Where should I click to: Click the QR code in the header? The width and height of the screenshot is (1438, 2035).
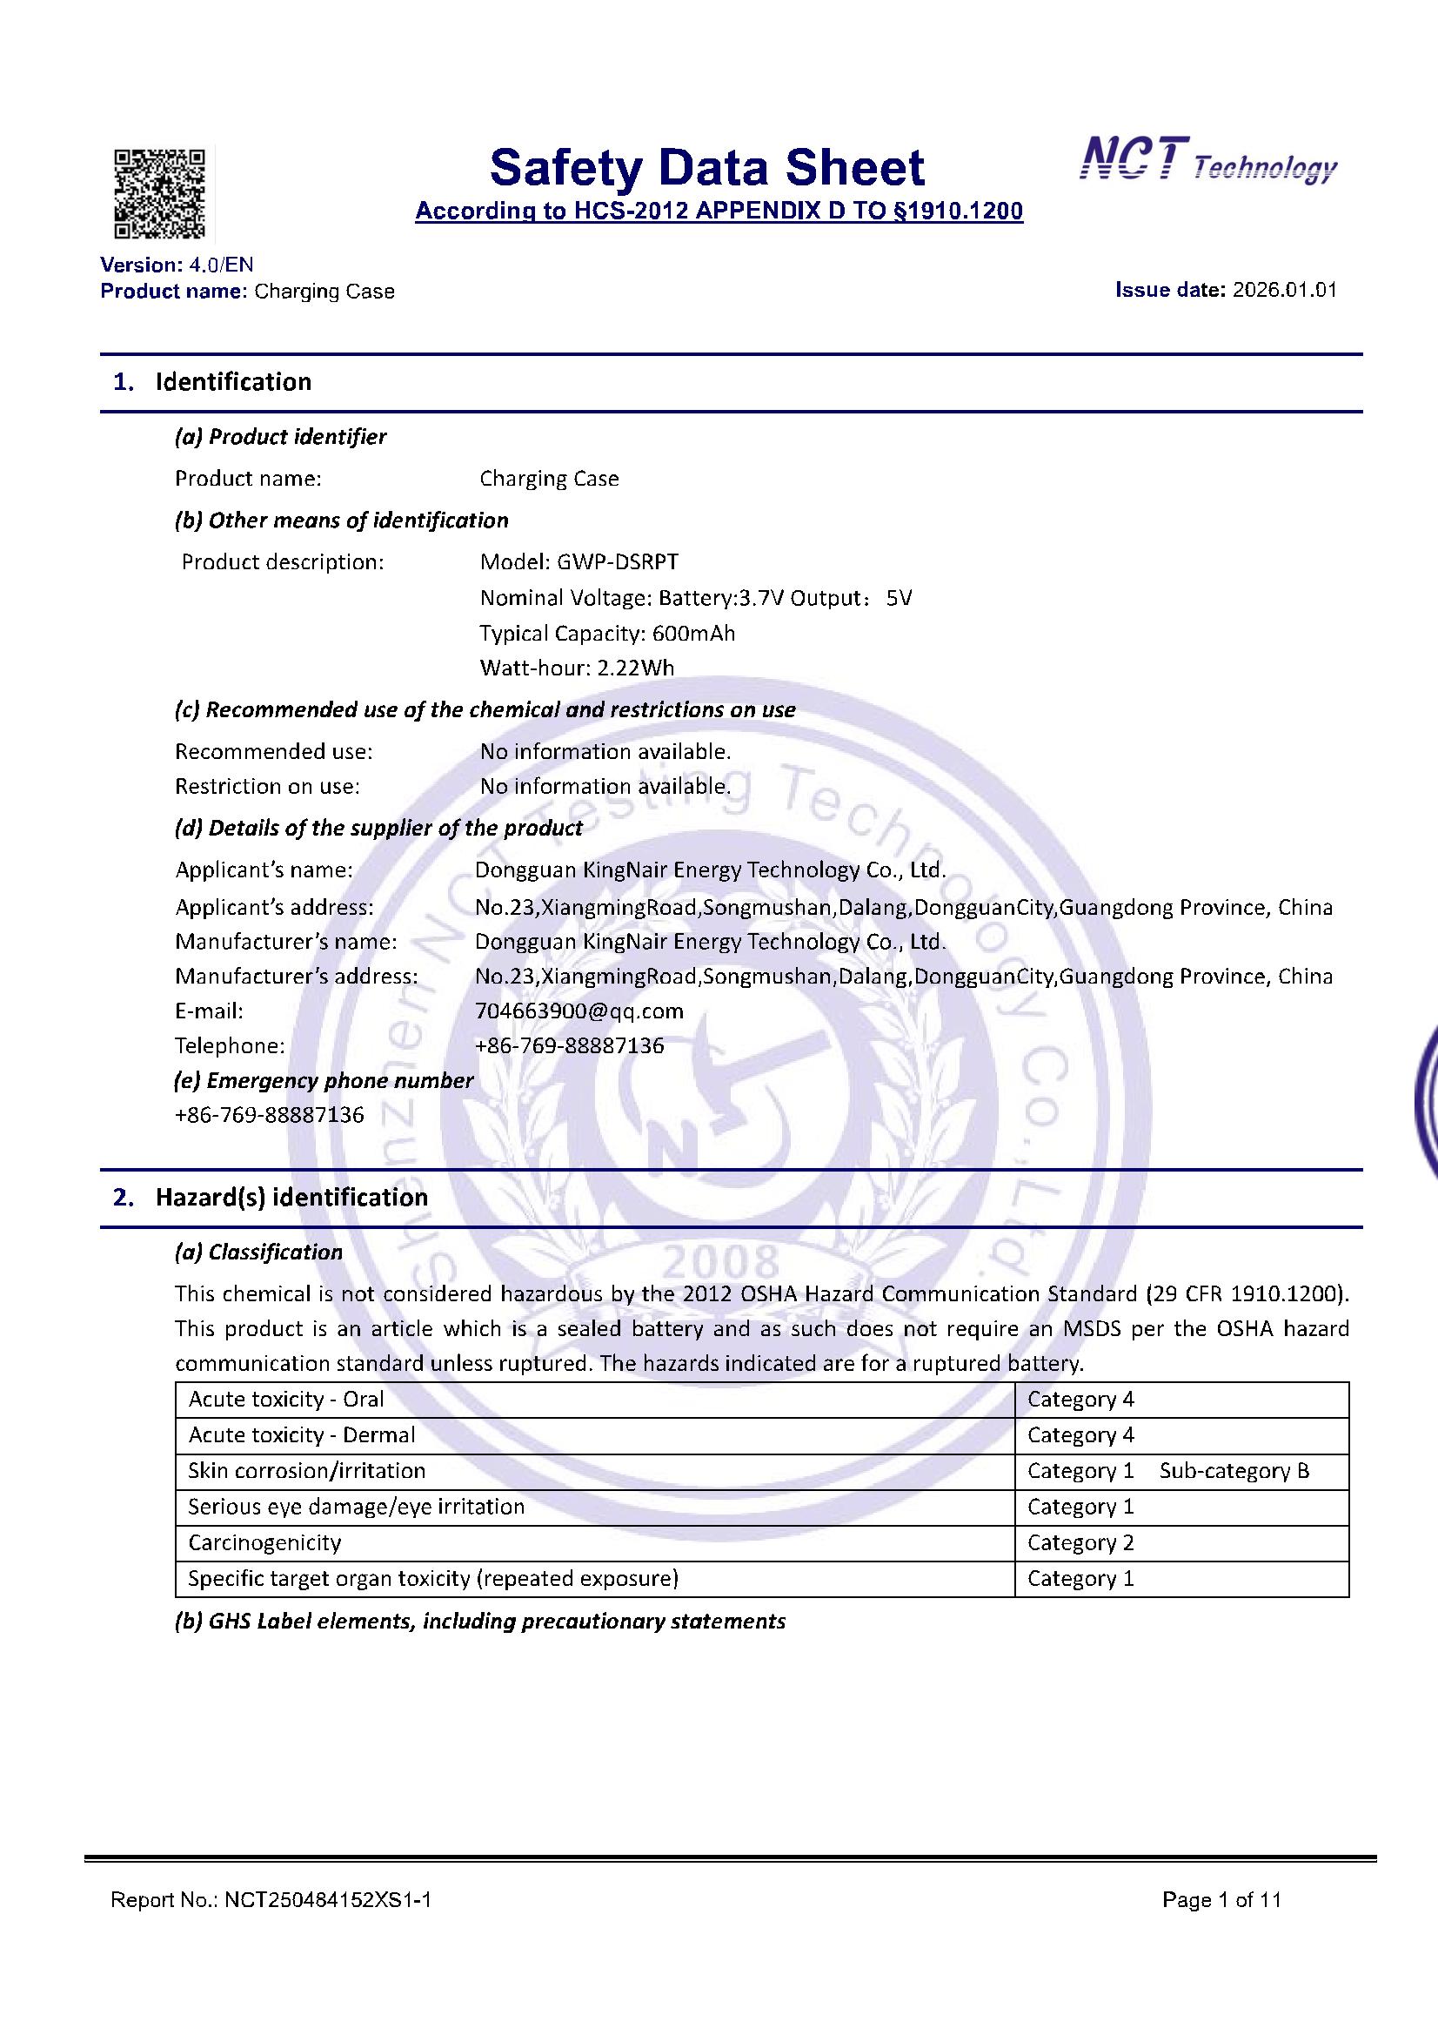[159, 194]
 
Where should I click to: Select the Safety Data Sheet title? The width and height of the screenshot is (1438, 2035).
[707, 167]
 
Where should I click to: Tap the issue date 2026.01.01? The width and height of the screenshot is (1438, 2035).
[1284, 290]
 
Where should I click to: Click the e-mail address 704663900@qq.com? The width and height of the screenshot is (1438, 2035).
[579, 1011]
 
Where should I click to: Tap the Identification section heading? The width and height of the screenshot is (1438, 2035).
[233, 382]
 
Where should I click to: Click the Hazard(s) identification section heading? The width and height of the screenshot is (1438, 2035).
[291, 1198]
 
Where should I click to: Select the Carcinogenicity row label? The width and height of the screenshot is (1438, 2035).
[264, 1542]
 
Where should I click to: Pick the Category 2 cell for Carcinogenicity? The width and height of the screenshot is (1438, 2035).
[1080, 1542]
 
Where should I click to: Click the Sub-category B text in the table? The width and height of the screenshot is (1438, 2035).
[1234, 1470]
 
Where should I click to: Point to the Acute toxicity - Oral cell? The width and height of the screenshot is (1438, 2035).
[285, 1399]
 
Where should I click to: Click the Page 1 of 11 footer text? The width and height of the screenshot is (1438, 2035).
[1221, 1899]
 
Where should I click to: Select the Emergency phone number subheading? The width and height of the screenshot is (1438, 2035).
[324, 1080]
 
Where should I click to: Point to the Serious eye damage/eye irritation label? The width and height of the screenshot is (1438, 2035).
[356, 1506]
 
